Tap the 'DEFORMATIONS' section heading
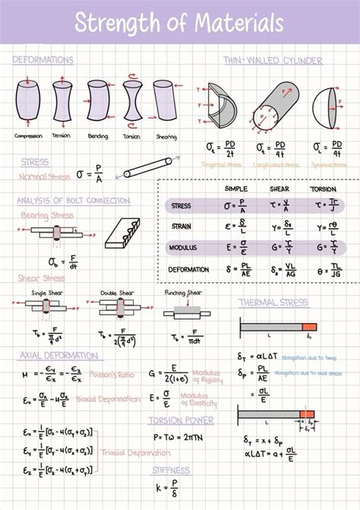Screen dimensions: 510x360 (x=43, y=59)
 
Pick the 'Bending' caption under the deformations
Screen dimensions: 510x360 (x=96, y=137)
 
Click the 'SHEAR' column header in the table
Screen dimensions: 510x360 (x=279, y=188)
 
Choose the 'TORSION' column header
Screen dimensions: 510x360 (x=322, y=188)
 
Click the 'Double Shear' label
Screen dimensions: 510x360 (x=113, y=292)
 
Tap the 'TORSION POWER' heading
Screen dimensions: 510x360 (x=181, y=420)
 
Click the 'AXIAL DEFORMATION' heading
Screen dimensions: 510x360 (x=59, y=354)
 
